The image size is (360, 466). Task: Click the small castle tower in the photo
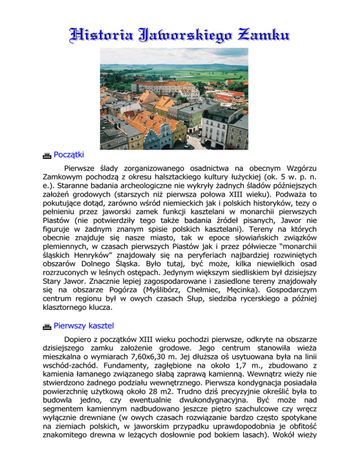(x=161, y=78)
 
